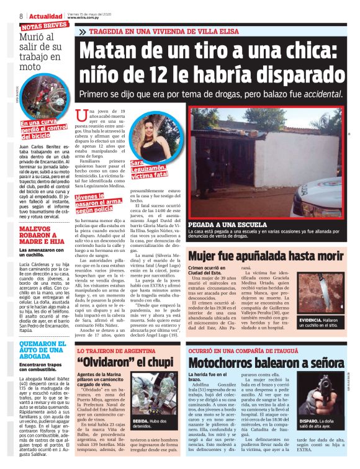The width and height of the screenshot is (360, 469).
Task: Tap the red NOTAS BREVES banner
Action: (x=44, y=26)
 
